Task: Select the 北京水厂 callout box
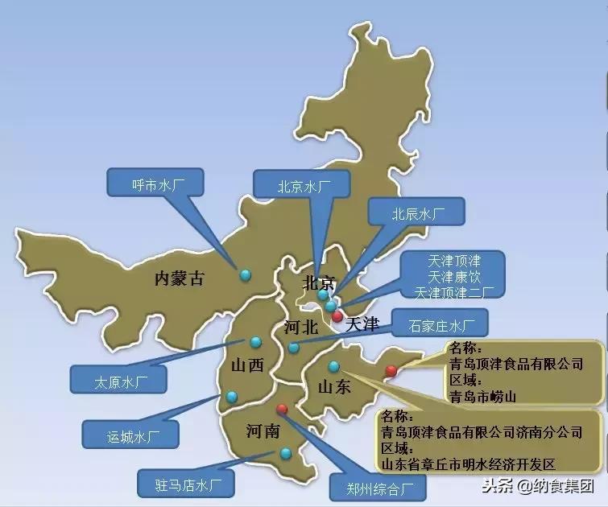click(x=303, y=186)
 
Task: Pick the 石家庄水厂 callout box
click(x=436, y=326)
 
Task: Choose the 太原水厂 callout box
click(x=118, y=379)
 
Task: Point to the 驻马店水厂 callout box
click(x=182, y=484)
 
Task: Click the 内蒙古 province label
click(x=180, y=279)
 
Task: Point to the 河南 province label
click(x=263, y=432)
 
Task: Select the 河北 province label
click(x=301, y=328)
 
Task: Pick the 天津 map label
click(x=361, y=325)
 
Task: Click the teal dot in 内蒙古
click(x=245, y=274)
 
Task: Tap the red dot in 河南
click(x=281, y=408)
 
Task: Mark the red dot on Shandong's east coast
click(x=391, y=370)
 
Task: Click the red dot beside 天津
click(x=337, y=316)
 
